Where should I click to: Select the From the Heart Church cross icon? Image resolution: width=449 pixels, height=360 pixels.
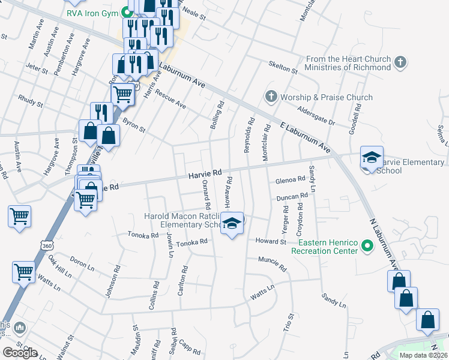pyautogui.click(x=401, y=62)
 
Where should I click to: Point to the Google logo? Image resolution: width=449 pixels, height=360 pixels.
pyautogui.click(x=20, y=353)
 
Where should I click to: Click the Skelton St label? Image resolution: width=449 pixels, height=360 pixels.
pyautogui.click(x=283, y=67)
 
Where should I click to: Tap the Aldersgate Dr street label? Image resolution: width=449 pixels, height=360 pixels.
pyautogui.click(x=315, y=114)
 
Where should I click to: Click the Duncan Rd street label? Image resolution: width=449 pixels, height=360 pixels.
pyautogui.click(x=292, y=197)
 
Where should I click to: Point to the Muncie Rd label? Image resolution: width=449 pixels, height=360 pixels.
pyautogui.click(x=273, y=262)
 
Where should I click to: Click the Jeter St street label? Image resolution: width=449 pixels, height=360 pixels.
pyautogui.click(x=37, y=69)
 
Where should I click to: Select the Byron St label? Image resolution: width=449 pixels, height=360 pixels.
pyautogui.click(x=133, y=125)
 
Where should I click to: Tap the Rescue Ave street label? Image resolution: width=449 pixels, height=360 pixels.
pyautogui.click(x=170, y=100)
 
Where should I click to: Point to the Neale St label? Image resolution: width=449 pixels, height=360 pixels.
pyautogui.click(x=193, y=16)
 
